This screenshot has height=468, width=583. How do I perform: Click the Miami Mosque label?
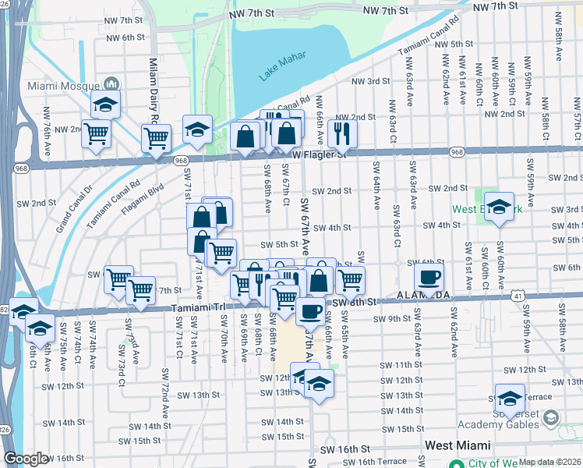point(62,85)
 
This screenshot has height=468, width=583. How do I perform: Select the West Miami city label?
point(458,445)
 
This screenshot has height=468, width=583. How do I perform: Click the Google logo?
point(26,459)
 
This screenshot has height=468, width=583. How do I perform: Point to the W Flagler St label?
point(319,154)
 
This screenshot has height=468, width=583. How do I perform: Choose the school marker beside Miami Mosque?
point(105,104)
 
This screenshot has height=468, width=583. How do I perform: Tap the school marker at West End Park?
point(499,207)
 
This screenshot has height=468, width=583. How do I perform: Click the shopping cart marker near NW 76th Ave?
point(96,134)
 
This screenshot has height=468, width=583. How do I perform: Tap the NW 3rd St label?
point(370,81)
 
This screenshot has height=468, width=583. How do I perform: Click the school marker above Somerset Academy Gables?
point(510,397)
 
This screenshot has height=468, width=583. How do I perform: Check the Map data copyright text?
point(550,462)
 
